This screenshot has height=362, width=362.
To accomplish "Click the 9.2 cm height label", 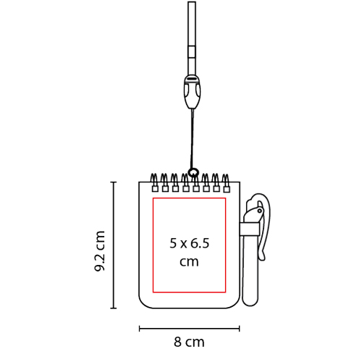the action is (x=100, y=251).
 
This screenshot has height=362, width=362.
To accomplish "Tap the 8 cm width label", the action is (x=189, y=342).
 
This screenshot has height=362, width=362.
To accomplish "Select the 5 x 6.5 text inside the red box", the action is (x=190, y=243).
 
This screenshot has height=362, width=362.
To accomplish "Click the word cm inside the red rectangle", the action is (x=189, y=261).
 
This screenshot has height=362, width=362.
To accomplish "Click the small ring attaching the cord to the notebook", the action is (x=193, y=172).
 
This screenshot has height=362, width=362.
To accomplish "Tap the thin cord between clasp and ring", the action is (x=192, y=139).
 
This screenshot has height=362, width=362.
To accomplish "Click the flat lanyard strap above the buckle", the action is (x=192, y=38).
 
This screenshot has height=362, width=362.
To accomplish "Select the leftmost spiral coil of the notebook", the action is (x=154, y=180).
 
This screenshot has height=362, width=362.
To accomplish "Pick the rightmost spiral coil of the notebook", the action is (x=226, y=180).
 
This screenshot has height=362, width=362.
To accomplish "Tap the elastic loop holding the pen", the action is (x=250, y=229).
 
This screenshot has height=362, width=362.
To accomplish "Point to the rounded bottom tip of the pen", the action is (x=251, y=303).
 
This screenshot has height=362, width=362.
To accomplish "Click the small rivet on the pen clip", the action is (x=260, y=211).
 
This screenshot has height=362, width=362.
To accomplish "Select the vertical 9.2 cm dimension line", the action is (x=114, y=245).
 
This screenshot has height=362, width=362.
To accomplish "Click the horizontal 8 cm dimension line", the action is (x=190, y=329).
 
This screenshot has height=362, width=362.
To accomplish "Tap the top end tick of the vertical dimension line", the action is (x=114, y=182).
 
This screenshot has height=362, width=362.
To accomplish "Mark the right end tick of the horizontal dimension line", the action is (x=239, y=329).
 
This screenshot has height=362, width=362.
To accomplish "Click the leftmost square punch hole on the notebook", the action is (x=155, y=189).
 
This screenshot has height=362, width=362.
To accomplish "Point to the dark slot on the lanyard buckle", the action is (x=193, y=79).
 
